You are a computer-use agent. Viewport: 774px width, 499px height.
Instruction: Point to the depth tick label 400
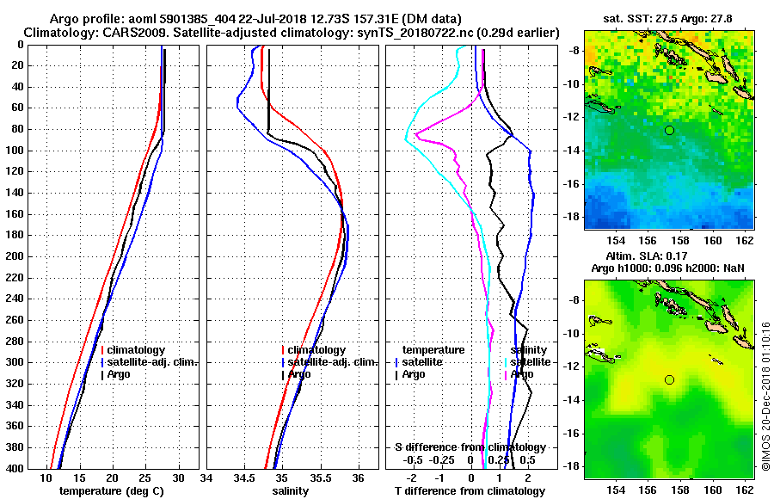point(15,468)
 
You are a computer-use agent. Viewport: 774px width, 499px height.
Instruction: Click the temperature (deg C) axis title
point(111,491)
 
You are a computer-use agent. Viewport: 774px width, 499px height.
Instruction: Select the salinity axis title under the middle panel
point(291,491)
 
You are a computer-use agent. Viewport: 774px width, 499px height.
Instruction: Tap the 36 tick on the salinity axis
point(359,478)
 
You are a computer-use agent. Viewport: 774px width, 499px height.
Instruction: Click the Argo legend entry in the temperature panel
point(121,374)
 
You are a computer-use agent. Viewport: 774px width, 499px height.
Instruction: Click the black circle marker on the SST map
point(669,130)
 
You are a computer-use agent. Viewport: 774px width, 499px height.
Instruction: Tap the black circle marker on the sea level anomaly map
point(669,379)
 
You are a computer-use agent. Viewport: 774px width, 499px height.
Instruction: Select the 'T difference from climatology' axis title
point(469,491)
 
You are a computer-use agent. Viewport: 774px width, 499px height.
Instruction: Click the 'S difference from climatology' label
point(470,447)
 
